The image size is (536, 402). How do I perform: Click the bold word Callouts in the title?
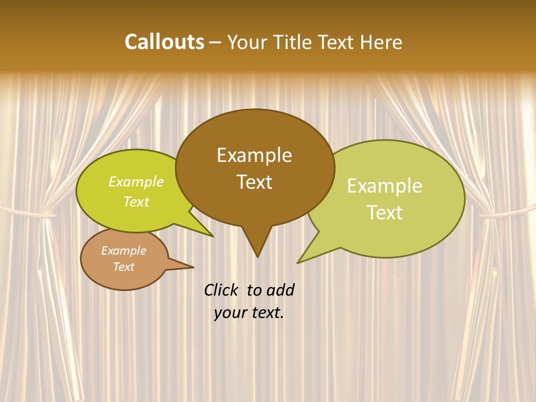164,42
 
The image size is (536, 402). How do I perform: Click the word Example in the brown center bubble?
254,155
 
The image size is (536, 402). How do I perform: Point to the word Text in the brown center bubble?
254,182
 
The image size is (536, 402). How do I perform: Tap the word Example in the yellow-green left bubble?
136,181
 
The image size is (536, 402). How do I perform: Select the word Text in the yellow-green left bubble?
136,202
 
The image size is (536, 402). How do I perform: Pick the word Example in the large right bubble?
385,186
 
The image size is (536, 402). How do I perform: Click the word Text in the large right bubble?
385,212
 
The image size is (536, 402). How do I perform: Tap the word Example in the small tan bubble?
123,251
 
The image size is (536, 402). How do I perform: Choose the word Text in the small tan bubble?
123,267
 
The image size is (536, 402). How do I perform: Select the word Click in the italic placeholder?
222,290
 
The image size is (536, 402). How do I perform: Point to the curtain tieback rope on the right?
505,213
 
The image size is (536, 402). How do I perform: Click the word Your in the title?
246,42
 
